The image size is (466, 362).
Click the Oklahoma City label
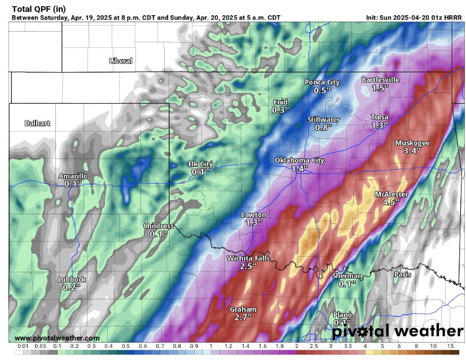299,160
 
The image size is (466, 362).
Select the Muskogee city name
412,143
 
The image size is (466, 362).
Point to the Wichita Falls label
248,258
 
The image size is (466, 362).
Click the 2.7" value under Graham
243,318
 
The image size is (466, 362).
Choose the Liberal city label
121,61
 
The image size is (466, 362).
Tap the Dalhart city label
37,123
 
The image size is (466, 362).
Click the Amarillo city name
73,176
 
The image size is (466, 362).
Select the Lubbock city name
72,279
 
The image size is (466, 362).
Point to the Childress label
159,226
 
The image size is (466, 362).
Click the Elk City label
200,164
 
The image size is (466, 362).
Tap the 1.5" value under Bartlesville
381,89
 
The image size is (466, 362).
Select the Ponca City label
322,82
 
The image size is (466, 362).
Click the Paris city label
403,275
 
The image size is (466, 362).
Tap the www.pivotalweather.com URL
54,338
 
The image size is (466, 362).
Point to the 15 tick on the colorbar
451,345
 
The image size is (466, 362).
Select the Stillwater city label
323,120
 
